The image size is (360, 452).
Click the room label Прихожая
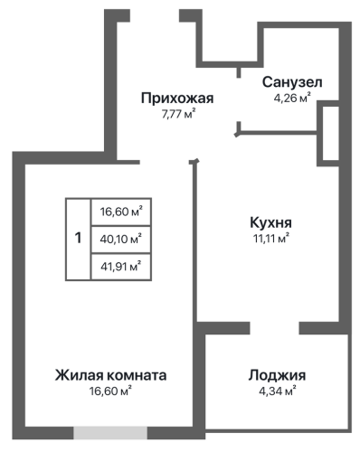pyautogui.click(x=177, y=99)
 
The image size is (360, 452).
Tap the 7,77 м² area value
pyautogui.click(x=178, y=115)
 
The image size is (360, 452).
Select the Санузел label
pyautogui.click(x=292, y=82)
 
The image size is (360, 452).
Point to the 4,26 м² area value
pyautogui.click(x=292, y=99)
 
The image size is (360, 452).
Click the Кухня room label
pyautogui.click(x=270, y=222)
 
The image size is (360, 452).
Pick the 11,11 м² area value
pyautogui.click(x=270, y=239)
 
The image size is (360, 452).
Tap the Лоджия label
pyautogui.click(x=277, y=375)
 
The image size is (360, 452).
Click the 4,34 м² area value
pyautogui.click(x=277, y=391)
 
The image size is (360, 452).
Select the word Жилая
pyautogui.click(x=80, y=375)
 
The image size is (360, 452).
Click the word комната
pyautogui.click(x=137, y=375)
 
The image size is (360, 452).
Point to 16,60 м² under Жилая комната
pyautogui.click(x=110, y=391)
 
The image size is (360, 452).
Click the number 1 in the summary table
pyautogui.click(x=78, y=238)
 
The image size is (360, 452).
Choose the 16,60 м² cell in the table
pyautogui.click(x=121, y=212)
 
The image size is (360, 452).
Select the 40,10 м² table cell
pyautogui.click(x=121, y=240)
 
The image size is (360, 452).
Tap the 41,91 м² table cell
pyautogui.click(x=121, y=267)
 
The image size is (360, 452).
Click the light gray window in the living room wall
pyautogui.click(x=110, y=433)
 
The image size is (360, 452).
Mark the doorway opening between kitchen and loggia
pyautogui.click(x=274, y=328)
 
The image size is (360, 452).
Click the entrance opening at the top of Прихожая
pyautogui.click(x=155, y=15)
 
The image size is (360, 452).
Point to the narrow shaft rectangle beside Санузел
pyautogui.click(x=331, y=134)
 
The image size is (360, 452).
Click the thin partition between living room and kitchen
pyautogui.click(x=194, y=241)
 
